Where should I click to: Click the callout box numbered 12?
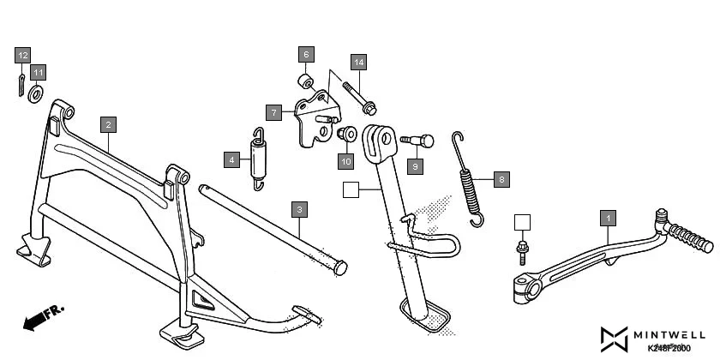pyautogui.click(x=22, y=56)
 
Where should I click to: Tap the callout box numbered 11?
pyautogui.click(x=39, y=72)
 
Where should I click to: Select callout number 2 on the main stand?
pyautogui.click(x=107, y=124)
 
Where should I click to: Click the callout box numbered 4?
pyautogui.click(x=231, y=159)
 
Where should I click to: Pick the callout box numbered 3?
pyautogui.click(x=298, y=209)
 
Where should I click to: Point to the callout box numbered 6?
pyautogui.click(x=306, y=54)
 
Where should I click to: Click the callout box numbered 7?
pyautogui.click(x=273, y=112)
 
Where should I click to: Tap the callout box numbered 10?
pyautogui.click(x=345, y=160)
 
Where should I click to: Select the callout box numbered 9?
pyautogui.click(x=415, y=165)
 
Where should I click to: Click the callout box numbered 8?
pyautogui.click(x=501, y=180)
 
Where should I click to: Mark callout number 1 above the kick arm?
pyautogui.click(x=608, y=218)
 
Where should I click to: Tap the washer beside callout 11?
pyautogui.click(x=36, y=93)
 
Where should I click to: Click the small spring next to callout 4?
pyautogui.click(x=258, y=158)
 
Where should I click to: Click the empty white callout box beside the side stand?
pyautogui.click(x=351, y=190)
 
